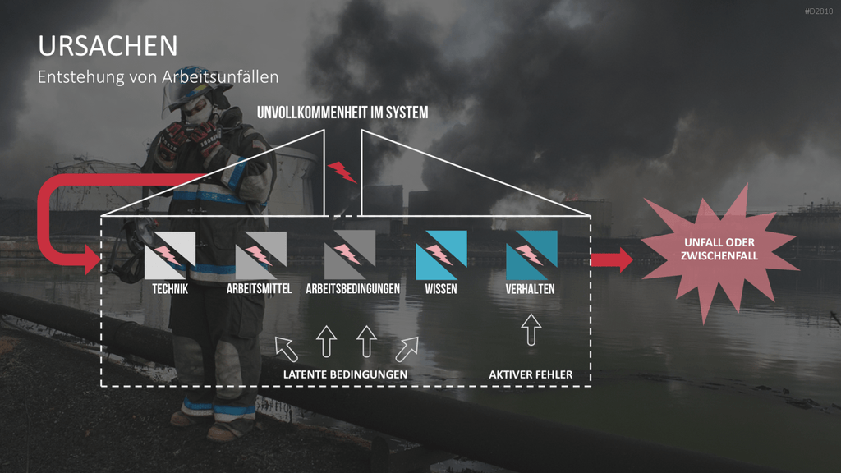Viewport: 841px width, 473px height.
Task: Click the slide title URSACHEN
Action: (x=108, y=46)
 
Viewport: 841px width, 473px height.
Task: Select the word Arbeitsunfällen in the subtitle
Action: (x=220, y=76)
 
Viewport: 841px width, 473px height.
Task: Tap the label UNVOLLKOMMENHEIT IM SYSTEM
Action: (x=342, y=113)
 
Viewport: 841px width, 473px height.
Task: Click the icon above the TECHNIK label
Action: (x=169, y=255)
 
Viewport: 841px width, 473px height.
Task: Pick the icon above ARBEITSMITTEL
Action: (x=260, y=255)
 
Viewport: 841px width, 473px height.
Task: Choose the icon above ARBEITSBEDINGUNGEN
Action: (x=350, y=255)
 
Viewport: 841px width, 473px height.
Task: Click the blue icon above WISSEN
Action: (x=441, y=255)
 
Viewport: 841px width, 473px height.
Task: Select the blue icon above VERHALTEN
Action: (x=531, y=255)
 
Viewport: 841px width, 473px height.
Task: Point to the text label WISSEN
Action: (x=441, y=289)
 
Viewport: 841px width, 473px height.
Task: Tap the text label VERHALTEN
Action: (x=530, y=289)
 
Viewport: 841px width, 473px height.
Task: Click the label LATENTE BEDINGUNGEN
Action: (x=345, y=374)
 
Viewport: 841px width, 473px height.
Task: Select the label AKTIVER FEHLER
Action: (x=531, y=374)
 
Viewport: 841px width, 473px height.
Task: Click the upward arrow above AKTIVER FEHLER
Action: (x=531, y=330)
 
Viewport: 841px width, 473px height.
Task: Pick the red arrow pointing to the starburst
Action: (x=612, y=259)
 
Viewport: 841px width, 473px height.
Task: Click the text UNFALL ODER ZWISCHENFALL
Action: (x=719, y=250)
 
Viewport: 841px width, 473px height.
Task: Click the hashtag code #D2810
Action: (x=819, y=11)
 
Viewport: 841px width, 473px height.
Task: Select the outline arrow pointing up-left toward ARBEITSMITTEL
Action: (x=287, y=349)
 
